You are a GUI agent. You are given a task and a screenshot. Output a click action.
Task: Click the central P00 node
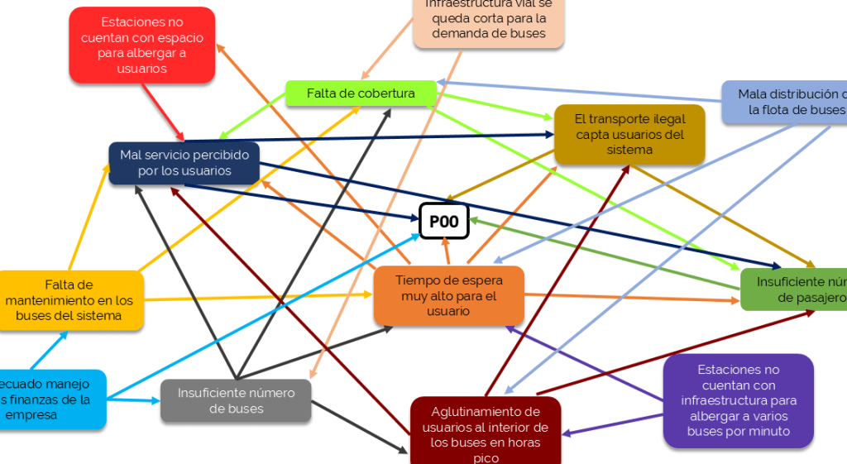click(444, 221)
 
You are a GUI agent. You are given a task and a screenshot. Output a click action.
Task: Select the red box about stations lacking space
click(141, 45)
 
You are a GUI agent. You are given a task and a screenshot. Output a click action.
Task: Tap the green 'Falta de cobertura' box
click(361, 93)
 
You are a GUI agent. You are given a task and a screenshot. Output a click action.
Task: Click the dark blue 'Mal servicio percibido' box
click(184, 163)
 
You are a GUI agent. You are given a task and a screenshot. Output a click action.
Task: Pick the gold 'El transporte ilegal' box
click(629, 134)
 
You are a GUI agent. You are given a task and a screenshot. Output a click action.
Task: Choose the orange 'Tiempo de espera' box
click(448, 295)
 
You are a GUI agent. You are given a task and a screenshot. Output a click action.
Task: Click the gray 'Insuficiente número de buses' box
click(236, 400)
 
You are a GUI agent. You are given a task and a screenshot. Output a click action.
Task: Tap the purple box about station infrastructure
click(738, 400)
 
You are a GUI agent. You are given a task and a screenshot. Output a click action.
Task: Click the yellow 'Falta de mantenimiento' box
click(69, 300)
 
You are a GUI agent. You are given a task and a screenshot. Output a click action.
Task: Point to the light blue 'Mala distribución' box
click(786, 102)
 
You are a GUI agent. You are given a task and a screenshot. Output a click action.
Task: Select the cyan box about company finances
click(50, 399)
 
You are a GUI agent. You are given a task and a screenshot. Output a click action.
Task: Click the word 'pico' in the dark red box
click(486, 457)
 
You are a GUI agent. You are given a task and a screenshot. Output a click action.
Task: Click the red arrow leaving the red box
click(162, 110)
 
